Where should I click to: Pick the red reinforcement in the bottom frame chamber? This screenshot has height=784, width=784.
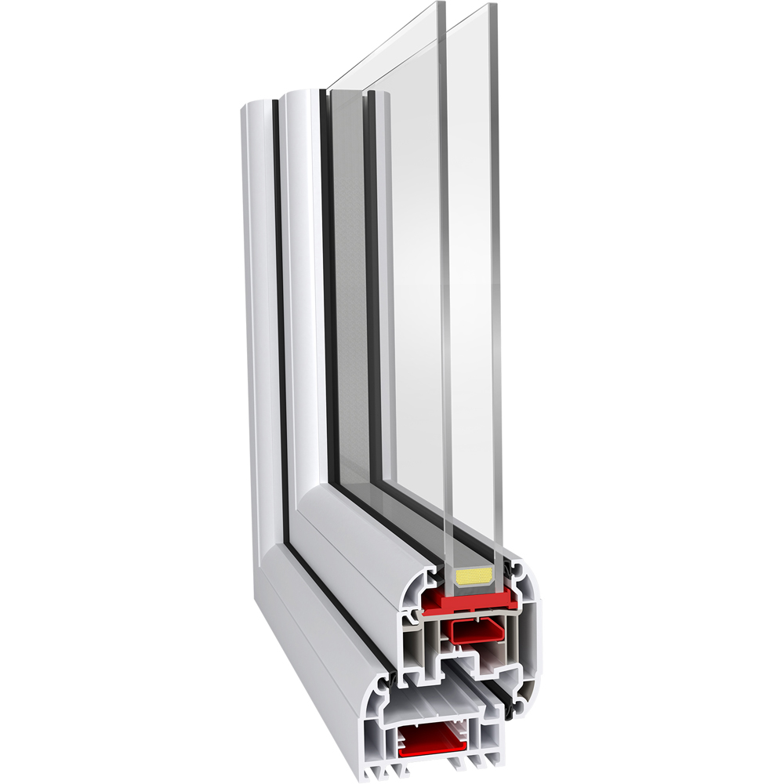pyautogui.click(x=430, y=741)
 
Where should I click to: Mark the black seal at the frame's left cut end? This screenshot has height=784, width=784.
pyautogui.click(x=390, y=676)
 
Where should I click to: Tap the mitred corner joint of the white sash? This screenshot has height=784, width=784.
pyautogui.click(x=314, y=502)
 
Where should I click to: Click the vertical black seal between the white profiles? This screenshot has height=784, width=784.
pyautogui.click(x=279, y=314)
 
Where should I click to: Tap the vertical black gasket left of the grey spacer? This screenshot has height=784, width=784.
pyautogui.click(x=328, y=274)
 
